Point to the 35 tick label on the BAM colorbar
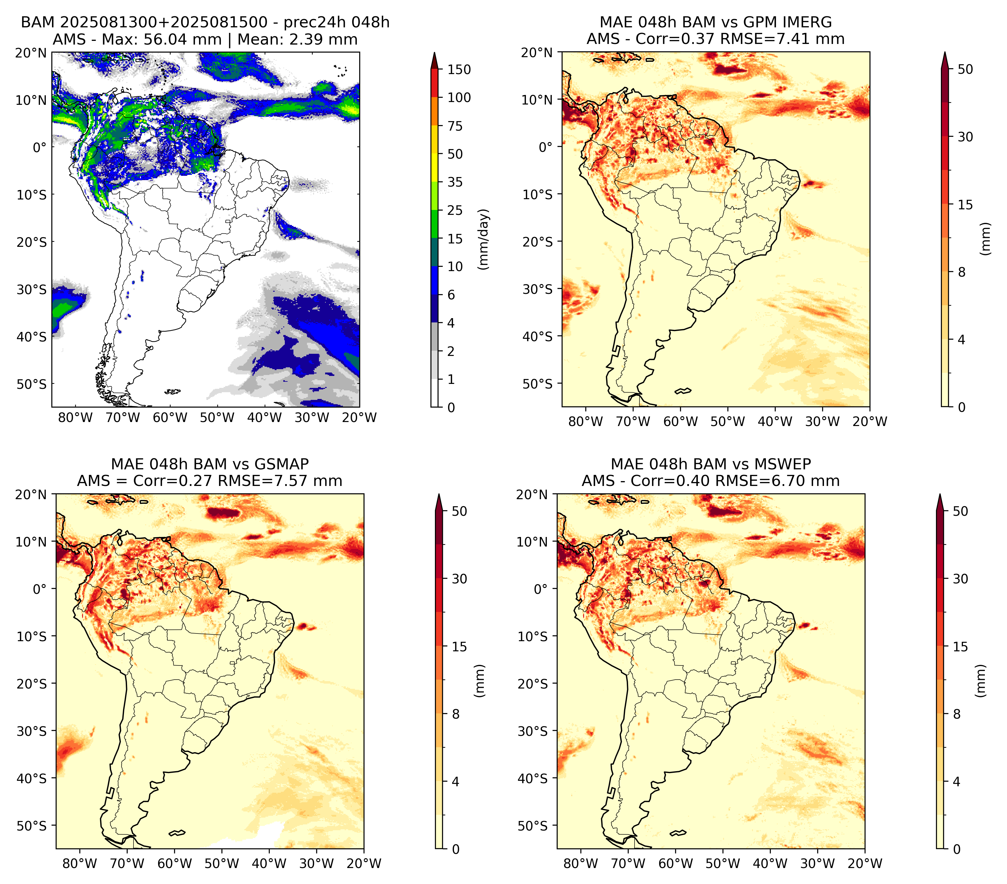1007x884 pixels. click(455, 182)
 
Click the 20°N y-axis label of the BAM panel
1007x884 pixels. click(30, 53)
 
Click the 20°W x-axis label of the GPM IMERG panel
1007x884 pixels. click(870, 421)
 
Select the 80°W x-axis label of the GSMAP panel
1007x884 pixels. click(80, 863)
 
